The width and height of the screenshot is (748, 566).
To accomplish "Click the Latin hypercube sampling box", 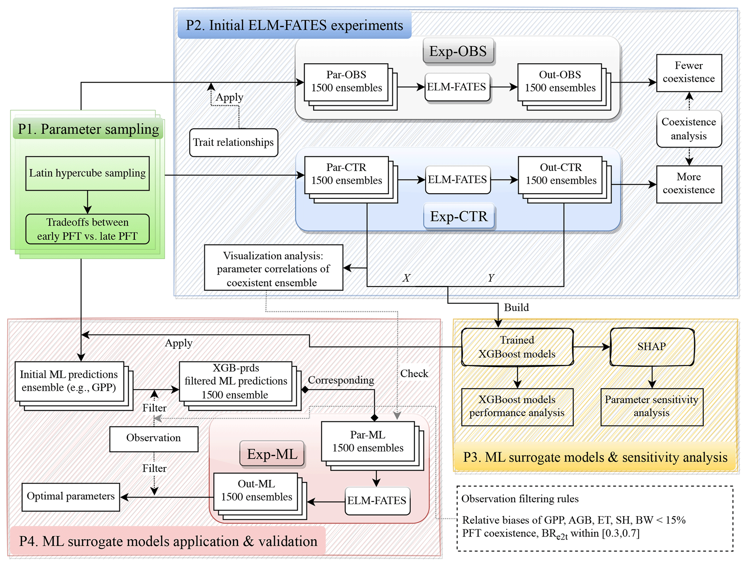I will click(87, 173).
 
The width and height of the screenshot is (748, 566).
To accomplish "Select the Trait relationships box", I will click(233, 142).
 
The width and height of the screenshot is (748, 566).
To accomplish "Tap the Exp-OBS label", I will click(458, 51).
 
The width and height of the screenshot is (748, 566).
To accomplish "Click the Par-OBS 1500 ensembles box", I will click(346, 82).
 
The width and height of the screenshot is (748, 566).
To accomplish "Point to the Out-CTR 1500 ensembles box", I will click(561, 174).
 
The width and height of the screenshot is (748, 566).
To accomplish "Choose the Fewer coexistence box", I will click(689, 72).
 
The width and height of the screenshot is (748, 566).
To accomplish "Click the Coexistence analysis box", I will click(689, 129).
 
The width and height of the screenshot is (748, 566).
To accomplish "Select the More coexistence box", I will click(689, 184).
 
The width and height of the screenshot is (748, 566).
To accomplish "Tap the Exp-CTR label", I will click(458, 216).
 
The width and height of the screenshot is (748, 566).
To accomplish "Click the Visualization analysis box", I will click(273, 268).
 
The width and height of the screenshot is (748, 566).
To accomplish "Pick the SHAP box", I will click(652, 346).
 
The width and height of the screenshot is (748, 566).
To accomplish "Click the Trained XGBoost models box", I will click(517, 347).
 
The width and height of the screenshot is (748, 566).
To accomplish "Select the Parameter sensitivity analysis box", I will click(652, 407).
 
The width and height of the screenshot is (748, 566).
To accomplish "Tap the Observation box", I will click(153, 438).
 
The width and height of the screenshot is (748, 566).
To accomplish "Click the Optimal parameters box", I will click(71, 497).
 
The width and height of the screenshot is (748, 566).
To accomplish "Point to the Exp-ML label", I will click(272, 454).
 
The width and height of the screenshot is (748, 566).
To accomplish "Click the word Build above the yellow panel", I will click(516, 307).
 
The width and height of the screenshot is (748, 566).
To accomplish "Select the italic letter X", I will click(406, 278).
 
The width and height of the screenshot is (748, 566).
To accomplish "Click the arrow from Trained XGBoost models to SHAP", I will click(592, 347).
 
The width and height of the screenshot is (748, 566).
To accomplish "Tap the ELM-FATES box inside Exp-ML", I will click(377, 501).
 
